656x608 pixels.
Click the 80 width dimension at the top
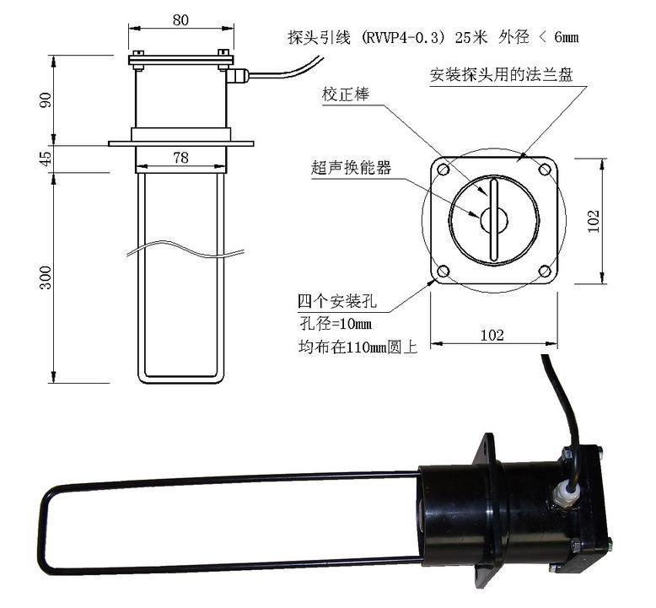coord(180,20)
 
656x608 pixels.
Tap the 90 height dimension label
coord(46,100)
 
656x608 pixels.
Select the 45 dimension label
coord(46,158)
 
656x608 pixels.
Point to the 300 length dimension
coord(46,277)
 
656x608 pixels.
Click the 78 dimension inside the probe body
coord(180,158)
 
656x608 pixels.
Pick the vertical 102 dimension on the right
coord(594,221)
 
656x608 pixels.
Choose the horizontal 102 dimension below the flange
coord(492,335)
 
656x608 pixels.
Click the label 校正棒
coord(346,94)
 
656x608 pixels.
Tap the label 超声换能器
coord(352,168)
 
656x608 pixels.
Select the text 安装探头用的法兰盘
coord(501,74)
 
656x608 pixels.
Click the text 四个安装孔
coord(337,301)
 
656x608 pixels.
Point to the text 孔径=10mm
coord(336,324)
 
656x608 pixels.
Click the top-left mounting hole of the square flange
coord(443,169)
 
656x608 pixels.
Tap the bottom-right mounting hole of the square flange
coord(545,272)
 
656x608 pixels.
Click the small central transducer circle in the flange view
coord(494,220)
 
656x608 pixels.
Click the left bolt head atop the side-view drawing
coord(138,53)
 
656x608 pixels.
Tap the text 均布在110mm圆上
coord(358,347)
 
